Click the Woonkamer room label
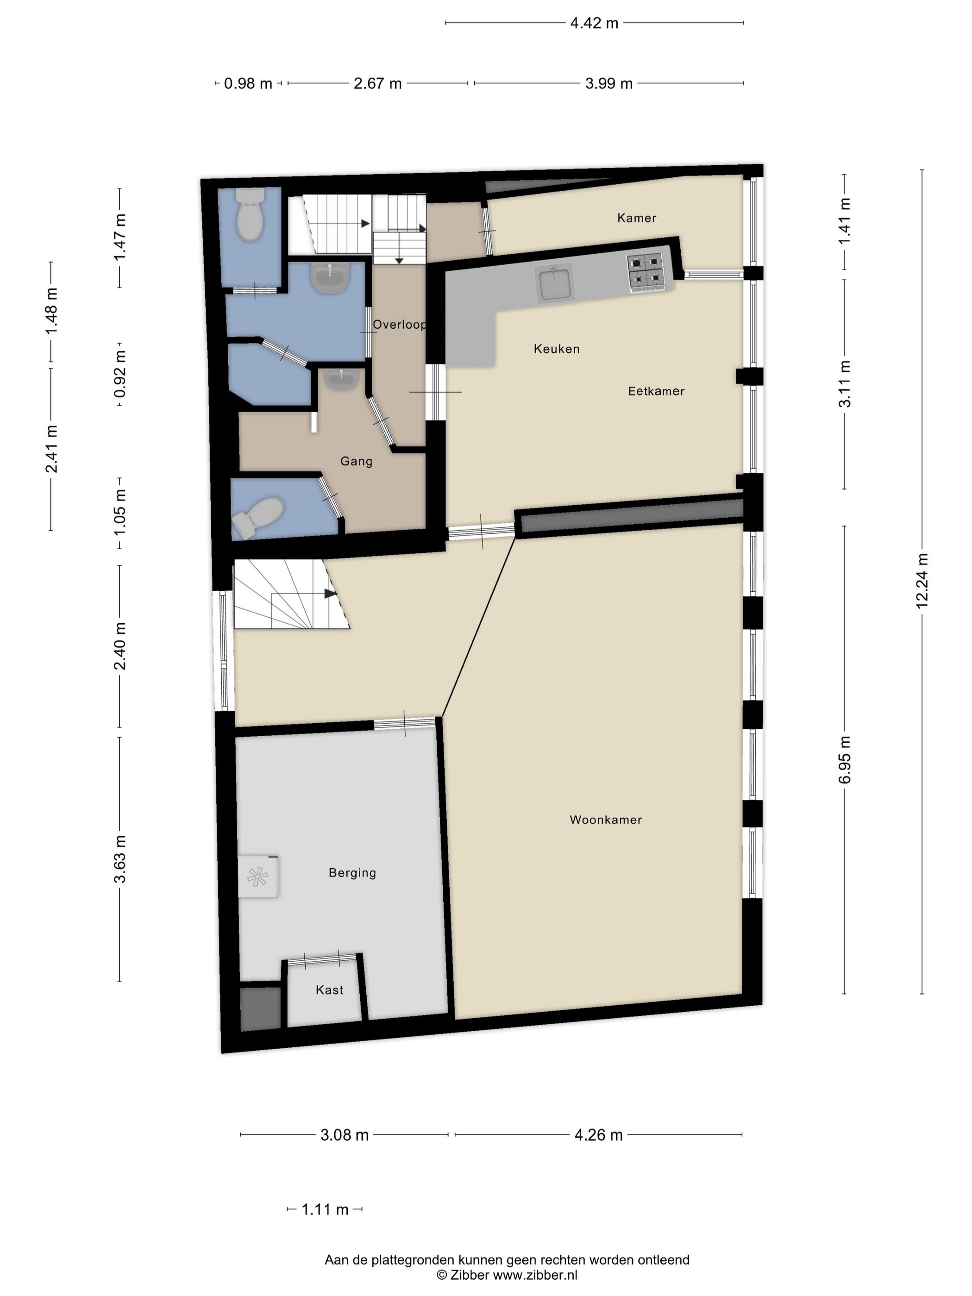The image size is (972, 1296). coord(605,820)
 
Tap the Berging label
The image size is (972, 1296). coord(352,873)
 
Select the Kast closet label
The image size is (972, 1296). coord(329,990)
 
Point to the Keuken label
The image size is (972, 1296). coord(557,349)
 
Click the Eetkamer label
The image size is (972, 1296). coord(656,391)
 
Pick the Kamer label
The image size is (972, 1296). coord(636,218)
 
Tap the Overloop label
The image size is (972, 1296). coord(400,325)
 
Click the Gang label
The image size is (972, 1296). coord(356,462)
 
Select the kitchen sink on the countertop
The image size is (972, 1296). coord(554,283)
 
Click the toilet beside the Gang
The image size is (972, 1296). coord(258,517)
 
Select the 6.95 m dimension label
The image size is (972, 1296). coord(844,760)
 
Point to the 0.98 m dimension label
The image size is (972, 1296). coord(248,84)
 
